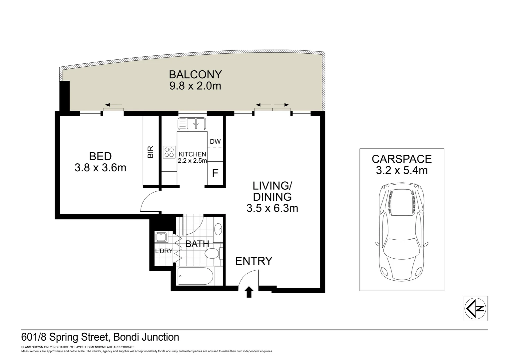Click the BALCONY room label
[x=195, y=75]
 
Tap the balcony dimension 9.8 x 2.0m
[x=195, y=86]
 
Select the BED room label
[x=101, y=156]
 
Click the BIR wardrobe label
[x=151, y=152]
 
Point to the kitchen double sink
[x=192, y=123]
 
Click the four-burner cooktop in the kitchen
[x=169, y=152]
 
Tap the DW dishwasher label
[x=215, y=141]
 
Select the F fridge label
[x=215, y=174]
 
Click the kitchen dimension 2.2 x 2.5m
[x=192, y=161]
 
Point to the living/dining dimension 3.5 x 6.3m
[x=272, y=208]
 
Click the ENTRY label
[x=254, y=261]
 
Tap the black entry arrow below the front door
[x=249, y=292]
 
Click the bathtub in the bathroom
[x=196, y=276]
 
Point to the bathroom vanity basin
[x=219, y=229]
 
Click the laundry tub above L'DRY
[x=161, y=237]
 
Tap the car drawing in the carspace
[x=402, y=232]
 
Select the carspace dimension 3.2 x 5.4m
[x=402, y=170]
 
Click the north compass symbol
[x=475, y=309]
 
